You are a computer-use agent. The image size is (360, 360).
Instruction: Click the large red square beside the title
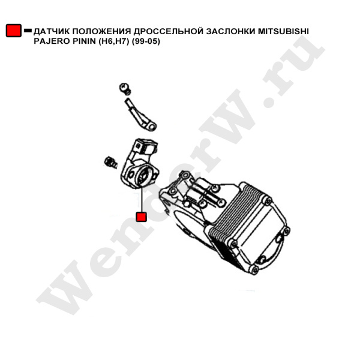click(x=14, y=31)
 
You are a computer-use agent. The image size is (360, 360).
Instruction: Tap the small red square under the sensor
click(x=141, y=217)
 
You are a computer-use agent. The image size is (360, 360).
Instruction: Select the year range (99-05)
click(x=146, y=41)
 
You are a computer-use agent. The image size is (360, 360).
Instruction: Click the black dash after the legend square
click(x=28, y=30)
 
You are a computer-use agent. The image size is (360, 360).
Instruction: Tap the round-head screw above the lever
click(x=125, y=89)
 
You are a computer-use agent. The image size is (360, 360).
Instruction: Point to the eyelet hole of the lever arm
click(x=152, y=126)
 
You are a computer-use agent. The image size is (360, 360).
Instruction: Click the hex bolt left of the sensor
click(x=110, y=162)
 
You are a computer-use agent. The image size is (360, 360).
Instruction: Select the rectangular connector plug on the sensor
click(x=146, y=146)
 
